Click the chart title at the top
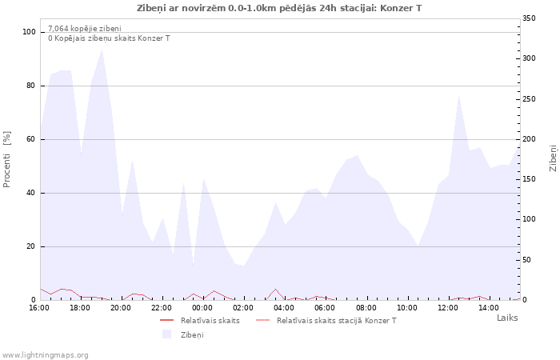[279, 8]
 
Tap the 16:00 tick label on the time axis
[39, 308]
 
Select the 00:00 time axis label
[202, 308]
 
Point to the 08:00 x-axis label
[366, 308]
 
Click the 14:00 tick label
[489, 308]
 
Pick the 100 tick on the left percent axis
[29, 32]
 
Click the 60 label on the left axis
[31, 139]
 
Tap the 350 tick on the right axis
[529, 18]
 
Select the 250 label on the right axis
[529, 99]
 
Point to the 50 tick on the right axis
[526, 260]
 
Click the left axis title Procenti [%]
[6, 159]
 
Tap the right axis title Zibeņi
[553, 158]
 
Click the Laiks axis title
[507, 318]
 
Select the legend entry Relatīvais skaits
[210, 320]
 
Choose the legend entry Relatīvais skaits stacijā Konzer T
[337, 320]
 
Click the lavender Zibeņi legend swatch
[166, 334]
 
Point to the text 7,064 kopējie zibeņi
[85, 29]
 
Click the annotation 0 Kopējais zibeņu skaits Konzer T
[109, 38]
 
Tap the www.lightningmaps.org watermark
[45, 355]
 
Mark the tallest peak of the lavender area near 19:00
[102, 50]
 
